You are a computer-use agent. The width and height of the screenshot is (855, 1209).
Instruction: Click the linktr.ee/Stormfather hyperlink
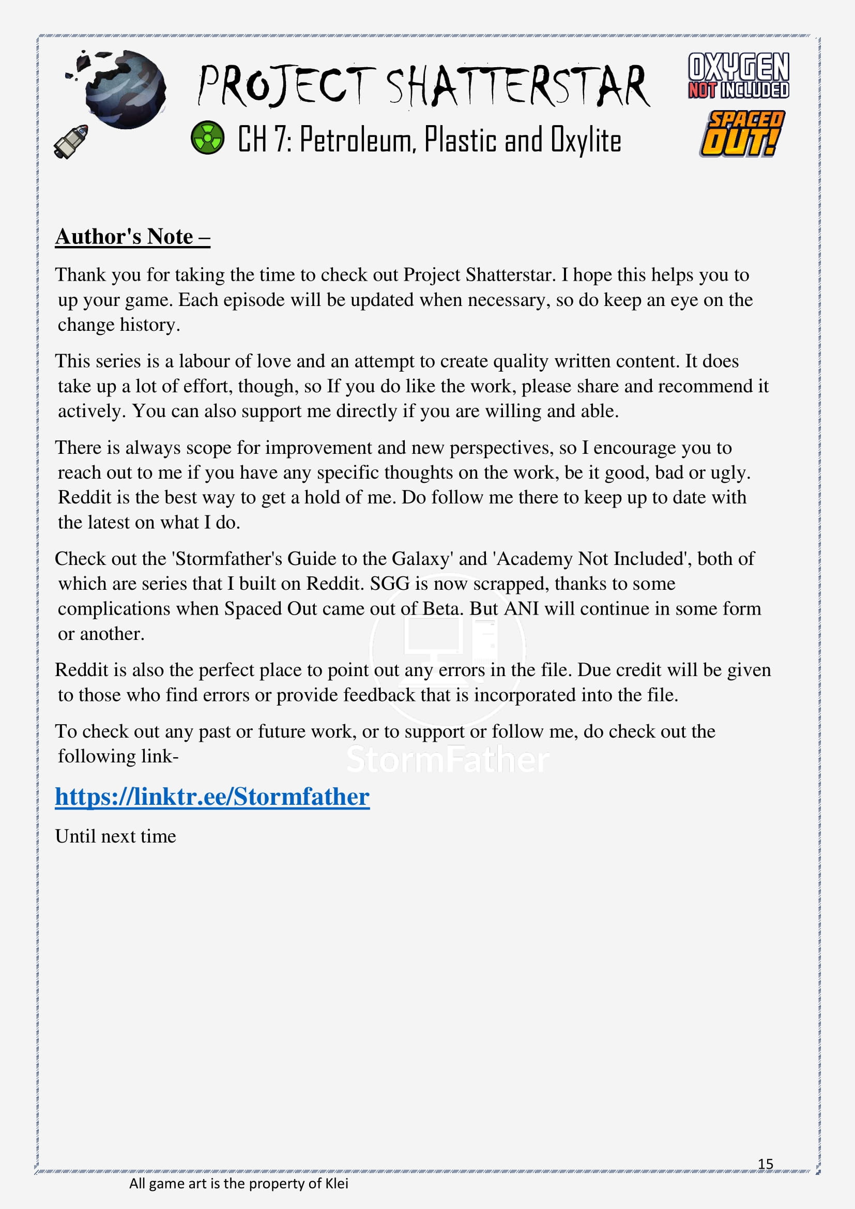coord(212,797)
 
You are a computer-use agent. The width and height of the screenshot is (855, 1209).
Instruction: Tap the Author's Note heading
coord(133,236)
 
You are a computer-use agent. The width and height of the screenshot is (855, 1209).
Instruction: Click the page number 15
coord(765,1163)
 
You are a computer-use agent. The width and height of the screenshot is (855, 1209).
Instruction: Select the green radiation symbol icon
coord(207,138)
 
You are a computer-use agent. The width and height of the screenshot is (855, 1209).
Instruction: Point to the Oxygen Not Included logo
coord(738,75)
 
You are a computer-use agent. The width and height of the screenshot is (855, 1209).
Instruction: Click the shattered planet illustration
coord(123,88)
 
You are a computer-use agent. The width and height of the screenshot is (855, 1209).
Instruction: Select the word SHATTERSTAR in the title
coord(518,86)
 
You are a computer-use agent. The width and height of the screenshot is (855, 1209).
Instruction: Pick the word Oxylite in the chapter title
coord(586,140)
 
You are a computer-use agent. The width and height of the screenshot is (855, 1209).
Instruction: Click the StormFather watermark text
coord(448,760)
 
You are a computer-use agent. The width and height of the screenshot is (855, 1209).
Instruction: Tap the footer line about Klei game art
coord(238,1183)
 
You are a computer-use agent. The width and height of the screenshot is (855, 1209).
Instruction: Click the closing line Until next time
coord(116,836)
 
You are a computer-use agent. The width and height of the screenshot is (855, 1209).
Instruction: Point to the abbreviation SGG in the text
coord(390,584)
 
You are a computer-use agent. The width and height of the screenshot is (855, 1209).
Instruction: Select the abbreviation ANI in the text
coord(521,609)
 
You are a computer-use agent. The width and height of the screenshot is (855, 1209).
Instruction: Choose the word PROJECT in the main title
coord(287,86)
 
